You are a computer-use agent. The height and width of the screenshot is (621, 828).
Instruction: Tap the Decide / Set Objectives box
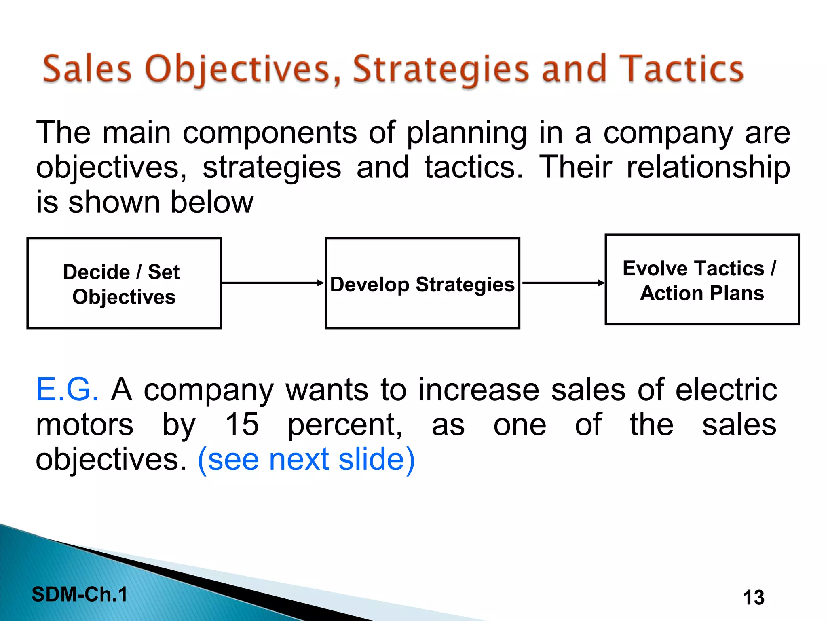(x=124, y=283)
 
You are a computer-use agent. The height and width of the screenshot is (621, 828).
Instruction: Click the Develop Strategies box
(x=422, y=283)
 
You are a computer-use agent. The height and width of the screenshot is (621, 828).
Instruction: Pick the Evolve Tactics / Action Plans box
(x=702, y=280)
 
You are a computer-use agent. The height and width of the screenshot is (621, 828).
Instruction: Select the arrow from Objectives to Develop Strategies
(x=273, y=283)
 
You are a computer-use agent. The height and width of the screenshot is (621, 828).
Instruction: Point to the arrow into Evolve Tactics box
(x=563, y=283)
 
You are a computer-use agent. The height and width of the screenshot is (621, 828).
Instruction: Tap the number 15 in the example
(x=242, y=425)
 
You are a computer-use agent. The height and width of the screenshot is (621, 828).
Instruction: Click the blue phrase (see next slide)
(x=306, y=460)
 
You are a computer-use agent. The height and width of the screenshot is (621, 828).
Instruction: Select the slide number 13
(x=754, y=598)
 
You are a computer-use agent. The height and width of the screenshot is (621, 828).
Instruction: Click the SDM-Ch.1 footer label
(x=80, y=594)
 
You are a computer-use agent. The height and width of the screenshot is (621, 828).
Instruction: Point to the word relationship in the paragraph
(x=708, y=167)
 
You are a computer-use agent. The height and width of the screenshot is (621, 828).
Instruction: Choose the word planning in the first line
(x=467, y=133)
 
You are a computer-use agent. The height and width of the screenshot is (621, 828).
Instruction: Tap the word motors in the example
(x=84, y=425)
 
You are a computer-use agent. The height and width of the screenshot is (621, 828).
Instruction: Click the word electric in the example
(x=726, y=389)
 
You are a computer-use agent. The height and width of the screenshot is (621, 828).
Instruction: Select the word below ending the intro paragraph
(x=212, y=202)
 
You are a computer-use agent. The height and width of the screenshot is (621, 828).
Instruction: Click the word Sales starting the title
(x=87, y=69)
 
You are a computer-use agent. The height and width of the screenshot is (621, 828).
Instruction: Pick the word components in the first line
(x=270, y=133)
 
